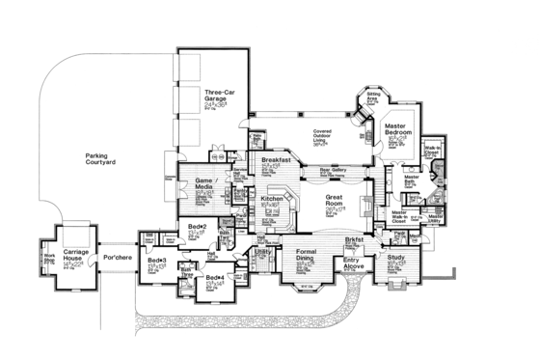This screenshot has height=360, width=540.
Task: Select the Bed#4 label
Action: (215, 279)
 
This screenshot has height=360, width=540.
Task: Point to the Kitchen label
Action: (272, 199)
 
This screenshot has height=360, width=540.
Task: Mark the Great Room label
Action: (335, 198)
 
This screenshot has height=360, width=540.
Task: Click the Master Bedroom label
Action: (398, 129)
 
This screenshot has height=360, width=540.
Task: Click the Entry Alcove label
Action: (354, 259)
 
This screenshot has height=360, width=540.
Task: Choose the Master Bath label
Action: (412, 178)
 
